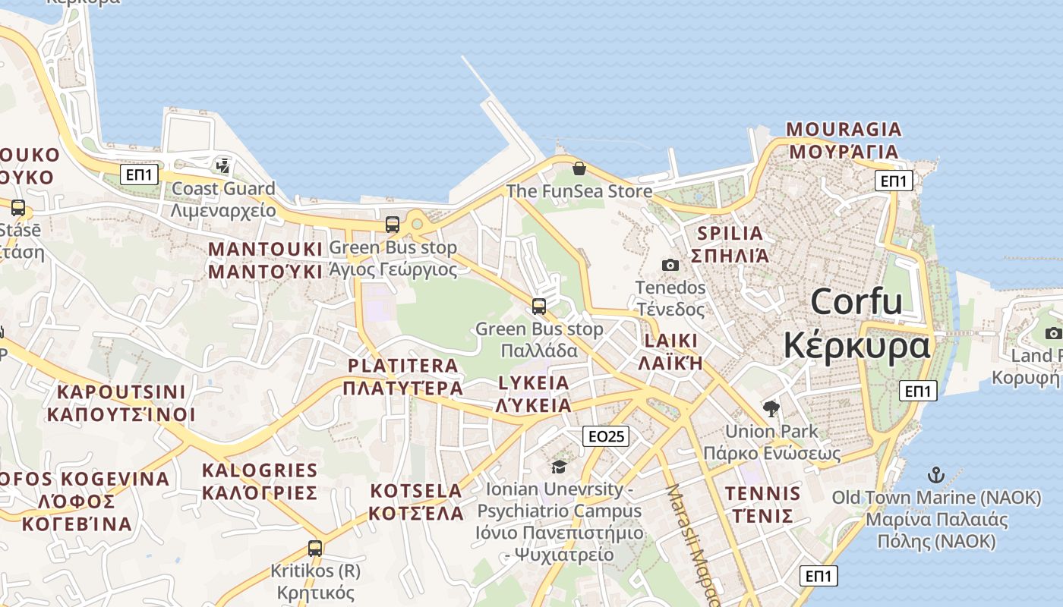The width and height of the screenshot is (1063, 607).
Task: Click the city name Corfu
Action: click(856, 302)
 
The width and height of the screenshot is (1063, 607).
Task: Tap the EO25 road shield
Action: click(607, 436)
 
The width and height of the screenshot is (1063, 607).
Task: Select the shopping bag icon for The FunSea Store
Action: click(579, 168)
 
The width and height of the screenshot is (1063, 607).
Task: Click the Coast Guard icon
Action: click(223, 165)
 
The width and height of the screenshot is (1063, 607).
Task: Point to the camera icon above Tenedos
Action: click(670, 265)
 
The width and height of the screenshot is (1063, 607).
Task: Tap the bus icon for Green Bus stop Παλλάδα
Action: click(539, 307)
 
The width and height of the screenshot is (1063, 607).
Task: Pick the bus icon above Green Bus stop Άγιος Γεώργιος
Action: click(393, 225)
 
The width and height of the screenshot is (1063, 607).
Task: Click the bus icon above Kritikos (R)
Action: click(315, 548)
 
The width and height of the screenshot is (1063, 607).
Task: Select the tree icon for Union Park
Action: click(771, 409)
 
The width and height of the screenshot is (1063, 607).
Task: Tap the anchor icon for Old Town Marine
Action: click(936, 476)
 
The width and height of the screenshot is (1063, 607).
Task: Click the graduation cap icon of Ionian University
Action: click(560, 467)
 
